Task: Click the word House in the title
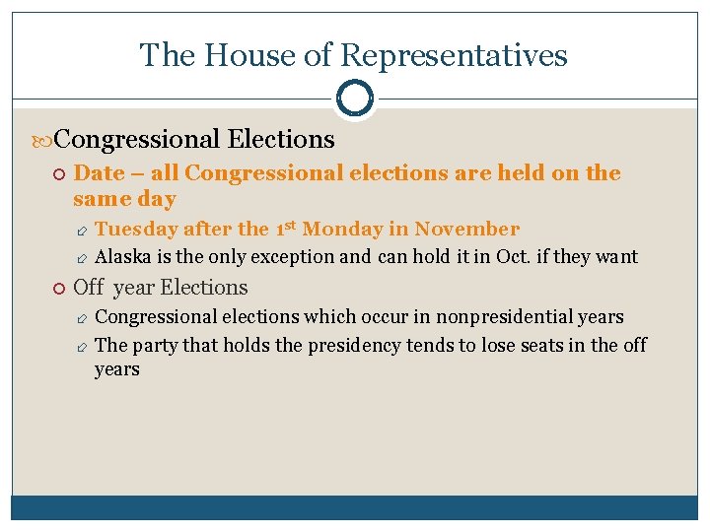(x=237, y=55)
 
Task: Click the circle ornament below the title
(x=355, y=98)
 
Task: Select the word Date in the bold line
(x=99, y=173)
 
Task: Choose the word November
(x=466, y=229)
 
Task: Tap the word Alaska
(x=121, y=257)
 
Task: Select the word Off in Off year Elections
(x=89, y=288)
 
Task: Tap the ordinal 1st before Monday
(x=285, y=229)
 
